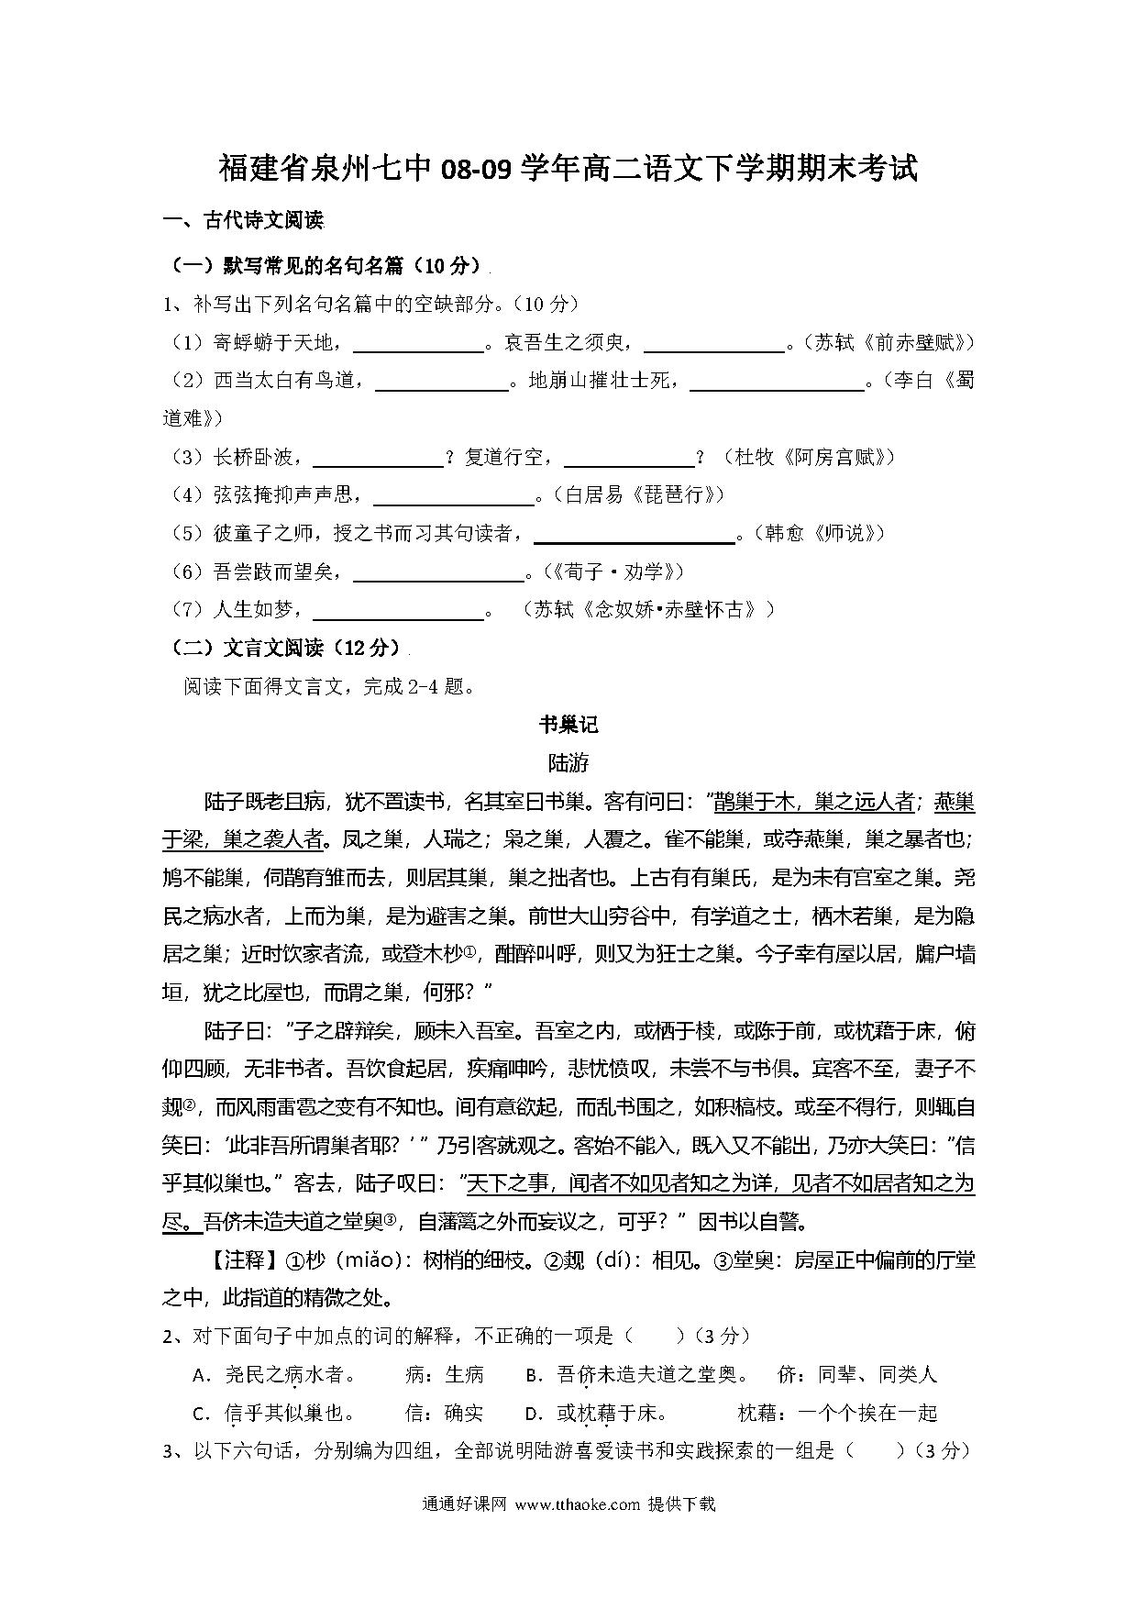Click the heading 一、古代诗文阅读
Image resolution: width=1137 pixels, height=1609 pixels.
243,220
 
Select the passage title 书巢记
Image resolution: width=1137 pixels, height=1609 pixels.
568,725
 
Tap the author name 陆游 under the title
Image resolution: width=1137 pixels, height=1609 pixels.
568,763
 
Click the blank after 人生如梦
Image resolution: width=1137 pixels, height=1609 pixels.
398,611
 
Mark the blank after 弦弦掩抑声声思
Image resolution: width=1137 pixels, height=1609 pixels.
454,496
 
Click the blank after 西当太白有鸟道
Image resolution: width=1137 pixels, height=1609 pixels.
442,381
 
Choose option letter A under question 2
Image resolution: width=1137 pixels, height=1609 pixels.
199,1375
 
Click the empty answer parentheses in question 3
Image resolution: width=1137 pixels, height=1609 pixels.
876,1451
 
